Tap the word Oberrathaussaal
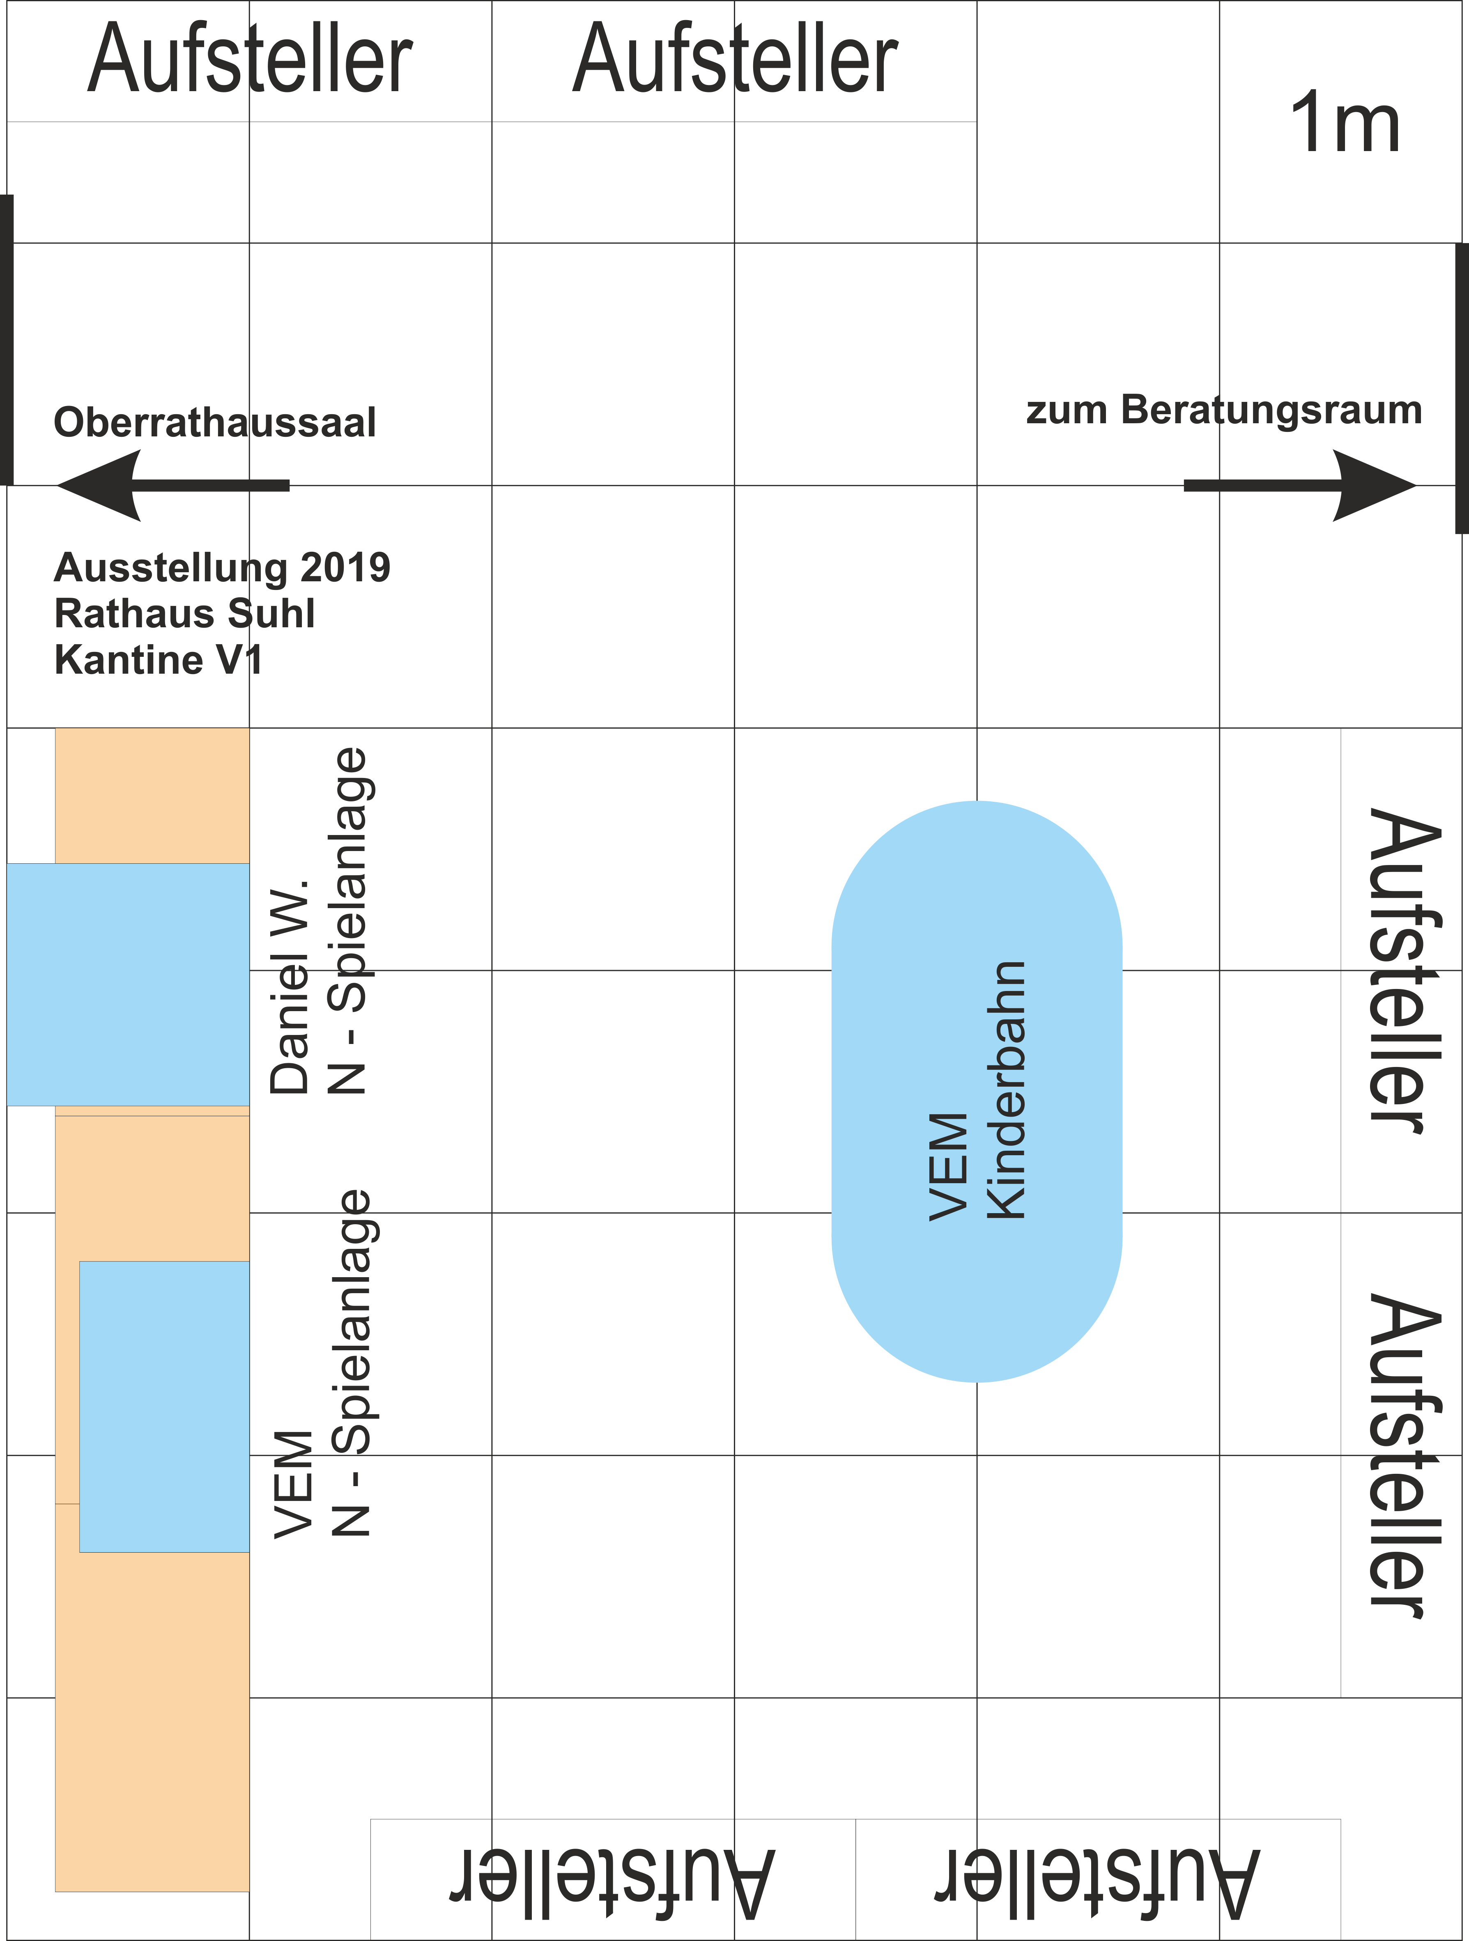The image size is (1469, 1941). pyautogui.click(x=215, y=422)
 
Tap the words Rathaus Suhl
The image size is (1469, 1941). pyautogui.click(x=184, y=613)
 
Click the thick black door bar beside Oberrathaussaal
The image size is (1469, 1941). pyautogui.click(x=6, y=340)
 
